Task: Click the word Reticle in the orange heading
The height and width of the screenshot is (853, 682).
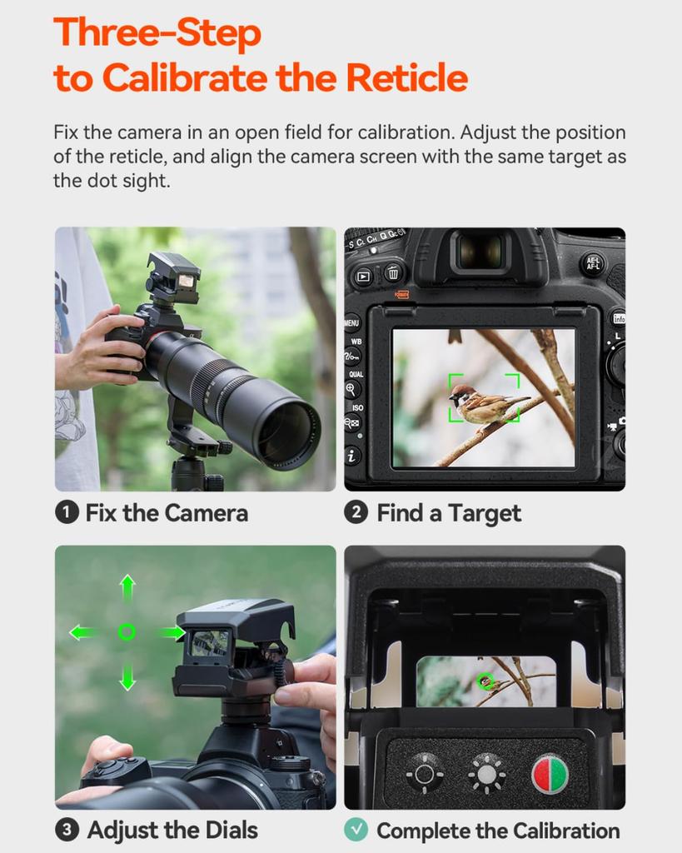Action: tap(407, 77)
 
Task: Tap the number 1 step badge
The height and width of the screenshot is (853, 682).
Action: tap(67, 513)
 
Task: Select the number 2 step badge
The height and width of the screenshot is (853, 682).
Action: tap(356, 512)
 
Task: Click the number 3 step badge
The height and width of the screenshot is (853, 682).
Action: tap(67, 831)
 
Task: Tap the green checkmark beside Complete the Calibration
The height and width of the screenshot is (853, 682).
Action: tap(356, 830)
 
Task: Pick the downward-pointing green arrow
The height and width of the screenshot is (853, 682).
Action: tap(127, 676)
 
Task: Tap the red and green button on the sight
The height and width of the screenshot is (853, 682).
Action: tap(550, 774)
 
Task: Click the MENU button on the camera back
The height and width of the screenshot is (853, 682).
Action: tap(351, 323)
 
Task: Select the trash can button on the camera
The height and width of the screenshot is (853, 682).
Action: tap(393, 273)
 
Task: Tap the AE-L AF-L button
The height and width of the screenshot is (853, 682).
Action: tap(592, 264)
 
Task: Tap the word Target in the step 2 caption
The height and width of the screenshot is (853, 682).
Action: tap(485, 513)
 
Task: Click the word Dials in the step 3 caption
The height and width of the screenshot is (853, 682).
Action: tap(227, 831)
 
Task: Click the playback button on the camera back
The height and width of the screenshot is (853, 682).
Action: tap(363, 277)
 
